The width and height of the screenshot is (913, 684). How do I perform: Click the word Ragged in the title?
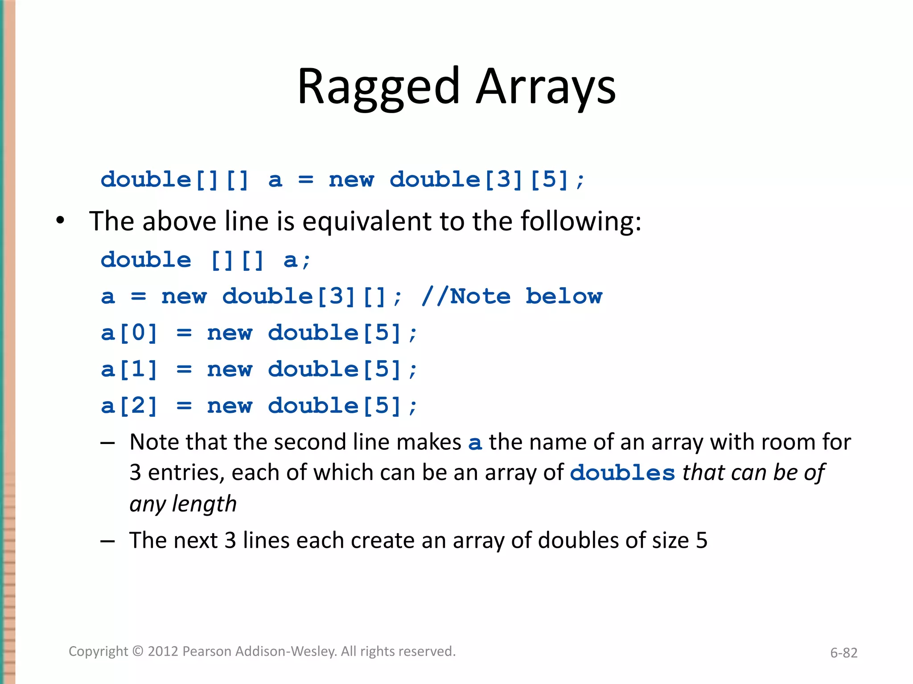378,86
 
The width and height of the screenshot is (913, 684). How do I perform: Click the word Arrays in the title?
546,86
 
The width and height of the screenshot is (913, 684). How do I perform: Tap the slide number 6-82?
843,653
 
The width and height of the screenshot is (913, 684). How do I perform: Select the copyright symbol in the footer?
138,651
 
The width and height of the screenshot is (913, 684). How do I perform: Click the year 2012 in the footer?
163,651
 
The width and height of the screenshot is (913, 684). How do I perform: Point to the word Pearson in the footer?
207,651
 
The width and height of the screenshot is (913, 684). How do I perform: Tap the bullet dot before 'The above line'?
61,221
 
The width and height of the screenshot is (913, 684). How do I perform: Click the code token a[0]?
129,333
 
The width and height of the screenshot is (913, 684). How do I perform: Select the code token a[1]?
129,370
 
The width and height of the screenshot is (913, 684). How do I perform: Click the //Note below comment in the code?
512,297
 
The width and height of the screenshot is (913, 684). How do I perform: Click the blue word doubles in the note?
622,473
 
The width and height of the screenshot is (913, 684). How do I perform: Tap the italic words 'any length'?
183,504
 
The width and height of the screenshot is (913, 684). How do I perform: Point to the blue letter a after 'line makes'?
475,443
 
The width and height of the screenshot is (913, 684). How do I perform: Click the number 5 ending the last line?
702,541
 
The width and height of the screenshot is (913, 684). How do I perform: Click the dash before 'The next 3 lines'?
107,541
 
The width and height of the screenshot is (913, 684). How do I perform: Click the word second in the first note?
309,443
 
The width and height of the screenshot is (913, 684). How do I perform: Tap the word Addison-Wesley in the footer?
286,651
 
